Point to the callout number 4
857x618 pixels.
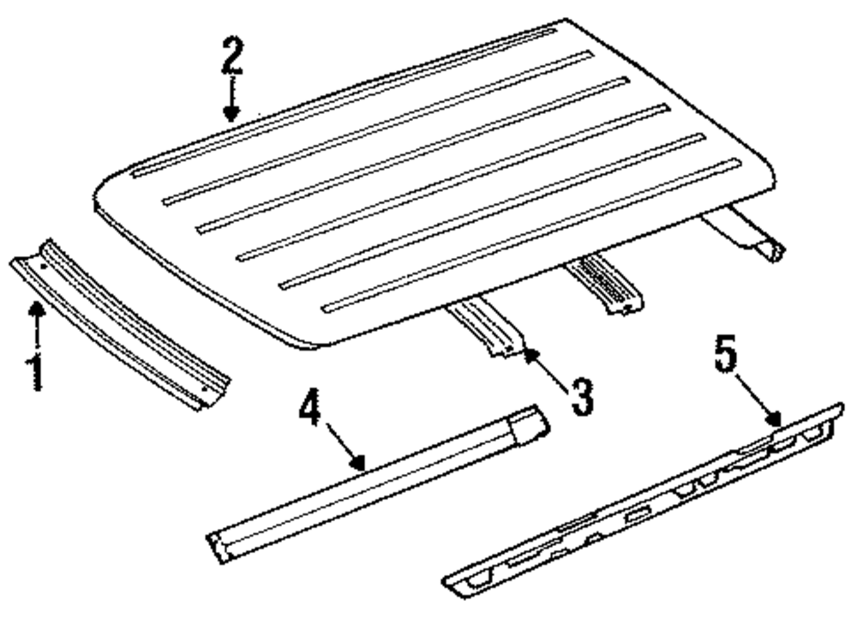point(310,406)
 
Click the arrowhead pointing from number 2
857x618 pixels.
point(231,114)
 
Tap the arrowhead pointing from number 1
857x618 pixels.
point(37,309)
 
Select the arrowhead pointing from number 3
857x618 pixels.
point(531,357)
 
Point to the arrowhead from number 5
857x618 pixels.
point(773,418)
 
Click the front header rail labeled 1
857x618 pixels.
point(120,322)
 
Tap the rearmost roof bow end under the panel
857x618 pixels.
point(746,231)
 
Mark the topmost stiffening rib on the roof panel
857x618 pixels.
point(345,102)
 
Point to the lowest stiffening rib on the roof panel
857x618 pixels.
point(530,235)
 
